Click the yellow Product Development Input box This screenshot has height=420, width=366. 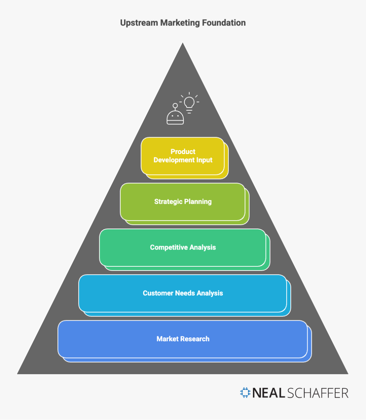click(x=183, y=156)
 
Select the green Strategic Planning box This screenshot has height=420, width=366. click(x=183, y=202)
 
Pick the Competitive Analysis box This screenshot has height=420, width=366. click(x=183, y=247)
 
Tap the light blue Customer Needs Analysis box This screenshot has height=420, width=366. click(x=183, y=293)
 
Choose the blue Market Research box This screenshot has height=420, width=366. click(x=183, y=339)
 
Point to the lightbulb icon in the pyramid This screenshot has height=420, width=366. click(x=189, y=103)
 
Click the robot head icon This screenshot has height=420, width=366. click(x=175, y=117)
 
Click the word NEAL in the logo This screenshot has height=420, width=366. click(x=269, y=393)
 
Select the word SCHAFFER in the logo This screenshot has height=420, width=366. click(x=318, y=393)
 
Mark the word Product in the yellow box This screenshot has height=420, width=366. click(x=183, y=152)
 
